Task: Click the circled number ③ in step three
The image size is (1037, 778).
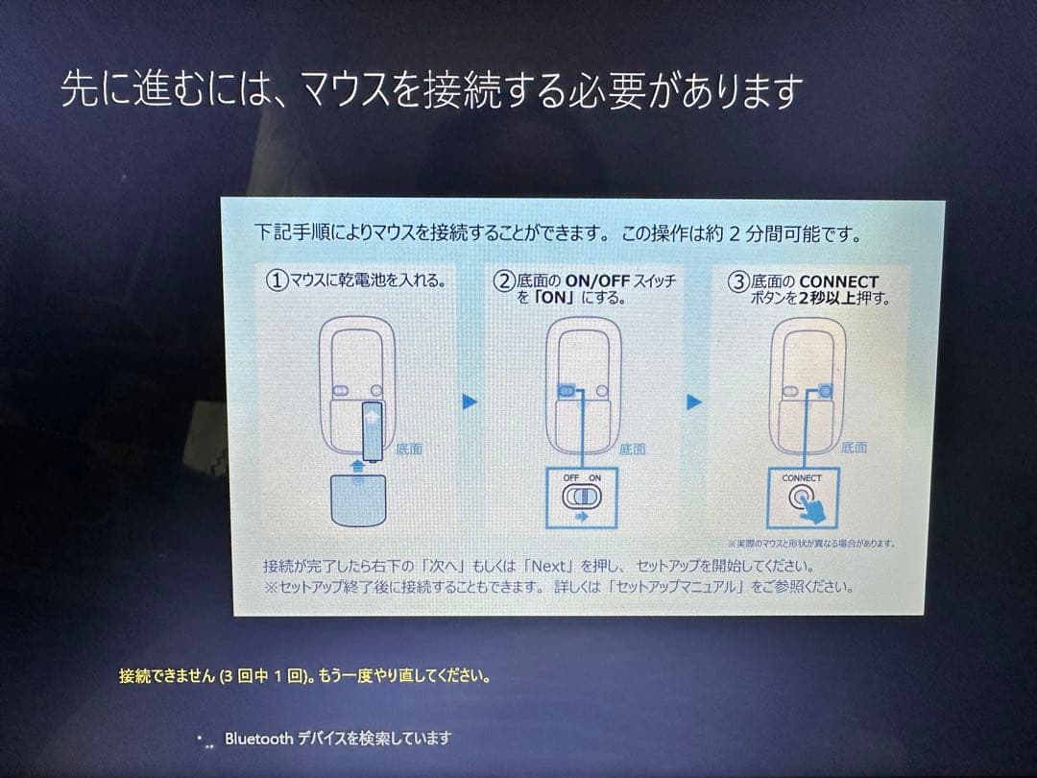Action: tap(738, 281)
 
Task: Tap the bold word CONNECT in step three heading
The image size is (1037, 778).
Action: tap(838, 281)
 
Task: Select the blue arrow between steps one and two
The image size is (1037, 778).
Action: tap(470, 402)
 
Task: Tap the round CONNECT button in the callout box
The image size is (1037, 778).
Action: tap(802, 499)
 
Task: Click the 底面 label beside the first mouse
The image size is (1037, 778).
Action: tap(409, 449)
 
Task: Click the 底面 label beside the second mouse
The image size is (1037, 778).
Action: tap(633, 449)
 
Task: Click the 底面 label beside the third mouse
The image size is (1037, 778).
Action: tap(854, 448)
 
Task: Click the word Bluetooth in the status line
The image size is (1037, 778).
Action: tap(259, 739)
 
